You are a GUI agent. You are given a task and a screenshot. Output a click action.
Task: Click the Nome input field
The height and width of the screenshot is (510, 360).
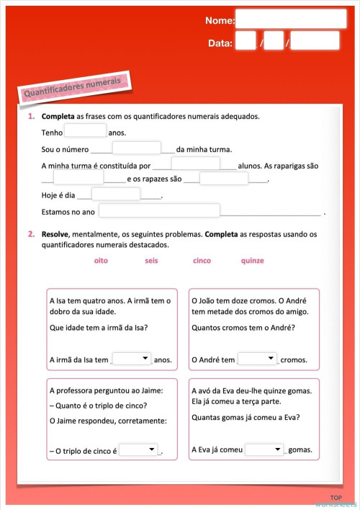[x=291, y=19]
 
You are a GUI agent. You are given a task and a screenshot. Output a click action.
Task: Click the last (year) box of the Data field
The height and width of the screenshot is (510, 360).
[x=315, y=41]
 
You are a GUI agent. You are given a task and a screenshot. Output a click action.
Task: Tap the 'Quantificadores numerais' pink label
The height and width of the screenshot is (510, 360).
[x=71, y=88]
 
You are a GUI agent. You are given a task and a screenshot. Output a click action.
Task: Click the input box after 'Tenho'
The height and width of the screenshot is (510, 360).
[x=85, y=131]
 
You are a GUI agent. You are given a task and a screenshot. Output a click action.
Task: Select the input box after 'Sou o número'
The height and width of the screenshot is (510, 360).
[x=136, y=148]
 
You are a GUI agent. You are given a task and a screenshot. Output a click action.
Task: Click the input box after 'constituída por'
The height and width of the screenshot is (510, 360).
[x=195, y=164]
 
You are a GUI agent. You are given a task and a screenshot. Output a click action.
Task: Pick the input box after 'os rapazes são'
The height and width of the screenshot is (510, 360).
[x=223, y=179]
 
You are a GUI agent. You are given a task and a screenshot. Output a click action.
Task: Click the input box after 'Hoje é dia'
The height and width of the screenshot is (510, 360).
[x=115, y=194]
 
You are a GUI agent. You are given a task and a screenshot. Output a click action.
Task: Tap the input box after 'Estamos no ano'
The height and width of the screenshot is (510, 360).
[x=159, y=210]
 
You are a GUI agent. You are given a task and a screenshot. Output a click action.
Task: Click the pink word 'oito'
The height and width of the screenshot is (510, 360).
[x=101, y=261]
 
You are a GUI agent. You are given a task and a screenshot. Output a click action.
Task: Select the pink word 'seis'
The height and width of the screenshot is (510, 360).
[x=151, y=261]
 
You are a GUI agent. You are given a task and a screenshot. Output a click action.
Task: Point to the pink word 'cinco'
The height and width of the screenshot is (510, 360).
[x=202, y=261]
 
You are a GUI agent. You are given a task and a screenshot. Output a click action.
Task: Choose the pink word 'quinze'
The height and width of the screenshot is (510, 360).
[x=252, y=261]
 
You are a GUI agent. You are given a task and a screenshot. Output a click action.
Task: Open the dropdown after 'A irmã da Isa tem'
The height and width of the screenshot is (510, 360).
[x=132, y=358]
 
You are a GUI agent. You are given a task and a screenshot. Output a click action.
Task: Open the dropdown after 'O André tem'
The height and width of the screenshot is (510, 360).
[x=257, y=358]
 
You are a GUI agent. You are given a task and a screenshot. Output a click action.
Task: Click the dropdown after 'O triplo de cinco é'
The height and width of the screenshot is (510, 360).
[x=138, y=449]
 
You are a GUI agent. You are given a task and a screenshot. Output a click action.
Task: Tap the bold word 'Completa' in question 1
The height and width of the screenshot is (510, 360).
[x=58, y=116]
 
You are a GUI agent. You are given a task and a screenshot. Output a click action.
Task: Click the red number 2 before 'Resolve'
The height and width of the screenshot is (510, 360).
[x=31, y=234]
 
